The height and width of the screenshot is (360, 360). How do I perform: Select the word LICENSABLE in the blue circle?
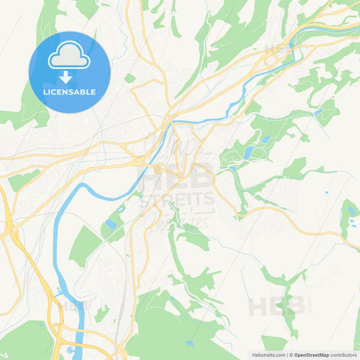click(x=70, y=92)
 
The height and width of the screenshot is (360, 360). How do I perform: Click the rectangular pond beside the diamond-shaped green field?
click(x=111, y=224)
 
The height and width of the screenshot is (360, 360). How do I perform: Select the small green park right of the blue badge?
click(x=129, y=78)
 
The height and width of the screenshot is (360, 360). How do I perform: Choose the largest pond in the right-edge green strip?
click(x=352, y=211)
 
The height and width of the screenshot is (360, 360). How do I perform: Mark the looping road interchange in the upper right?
click(x=274, y=62)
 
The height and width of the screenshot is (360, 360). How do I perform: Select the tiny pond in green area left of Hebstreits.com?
click(x=190, y=344)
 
